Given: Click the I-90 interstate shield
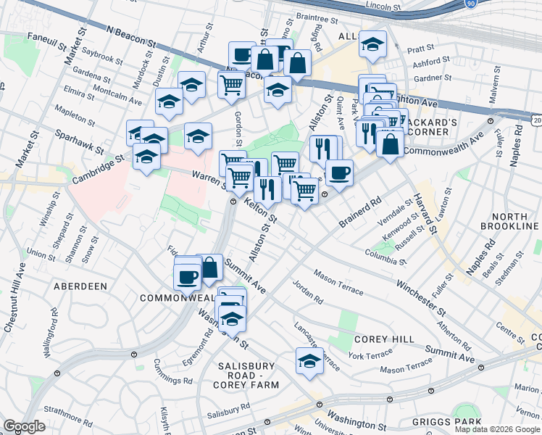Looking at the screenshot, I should point(470,4).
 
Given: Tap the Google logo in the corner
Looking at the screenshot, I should point(24,426).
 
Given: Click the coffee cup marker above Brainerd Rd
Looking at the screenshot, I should point(338,173).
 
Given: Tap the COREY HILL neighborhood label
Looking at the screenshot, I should point(384,339).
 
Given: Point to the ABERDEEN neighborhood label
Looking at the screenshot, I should point(80,286).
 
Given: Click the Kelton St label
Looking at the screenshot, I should point(261,211).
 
